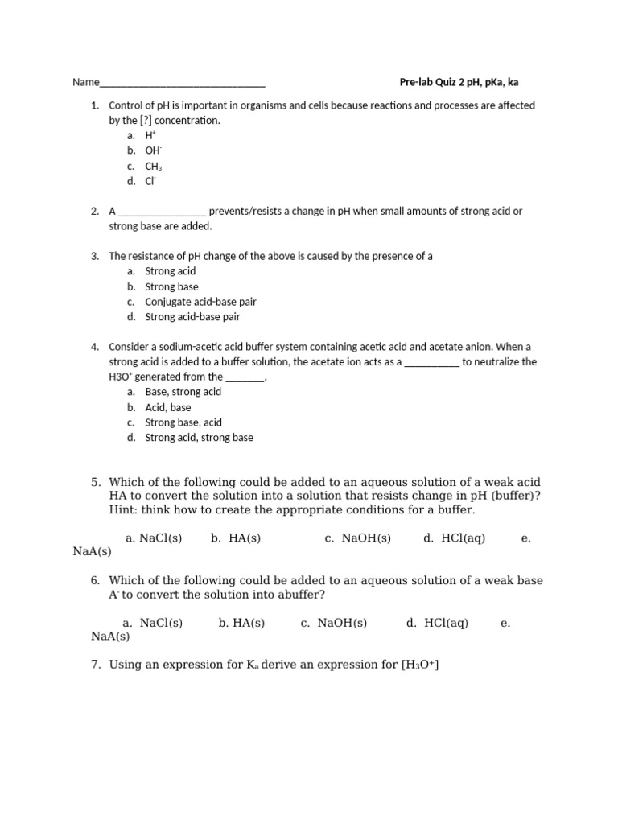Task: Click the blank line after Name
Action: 183,84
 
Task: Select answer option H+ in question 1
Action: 150,136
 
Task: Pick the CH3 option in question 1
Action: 154,166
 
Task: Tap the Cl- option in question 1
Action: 150,181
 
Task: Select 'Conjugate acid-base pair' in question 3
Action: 200,302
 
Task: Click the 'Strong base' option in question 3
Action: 171,286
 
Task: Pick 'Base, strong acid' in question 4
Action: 183,392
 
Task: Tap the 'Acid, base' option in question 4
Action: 167,407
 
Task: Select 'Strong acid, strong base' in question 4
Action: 199,438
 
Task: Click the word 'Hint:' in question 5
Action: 124,510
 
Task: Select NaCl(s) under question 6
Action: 161,623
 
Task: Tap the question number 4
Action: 94,347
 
